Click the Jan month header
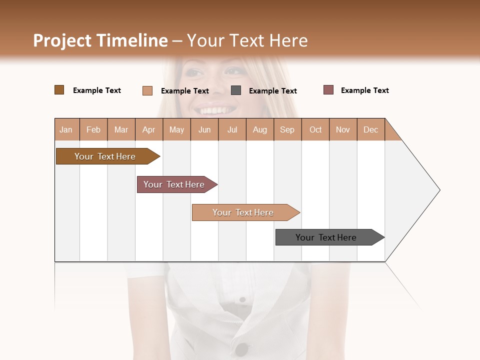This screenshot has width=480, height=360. tap(66, 129)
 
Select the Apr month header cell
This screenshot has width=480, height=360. tap(148, 129)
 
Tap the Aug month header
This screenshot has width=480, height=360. tap(259, 129)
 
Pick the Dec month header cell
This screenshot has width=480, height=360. tap(370, 129)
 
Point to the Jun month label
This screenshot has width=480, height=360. tap(204, 129)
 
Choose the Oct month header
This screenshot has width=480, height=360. tap(315, 129)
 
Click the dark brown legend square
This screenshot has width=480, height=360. tap(59, 90)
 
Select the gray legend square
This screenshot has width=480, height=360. tap(236, 90)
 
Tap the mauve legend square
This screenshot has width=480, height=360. tap(328, 90)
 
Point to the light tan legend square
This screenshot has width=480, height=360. tap(147, 90)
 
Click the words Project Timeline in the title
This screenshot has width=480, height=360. tap(100, 40)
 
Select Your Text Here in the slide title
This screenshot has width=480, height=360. tap(247, 40)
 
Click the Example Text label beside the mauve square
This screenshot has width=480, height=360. tap(364, 90)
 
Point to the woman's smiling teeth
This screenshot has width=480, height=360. tap(215, 109)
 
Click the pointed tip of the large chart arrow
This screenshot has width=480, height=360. tap(439, 190)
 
